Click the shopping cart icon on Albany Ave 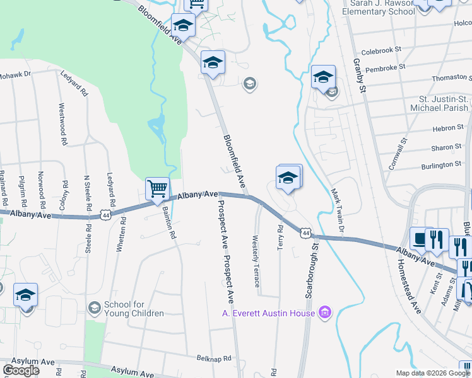point(157,188)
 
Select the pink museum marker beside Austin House point(325,312)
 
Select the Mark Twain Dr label point(336,208)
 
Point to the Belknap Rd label point(214,358)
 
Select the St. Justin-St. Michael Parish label point(444,104)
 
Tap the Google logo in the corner point(21,370)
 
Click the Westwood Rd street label point(62,125)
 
